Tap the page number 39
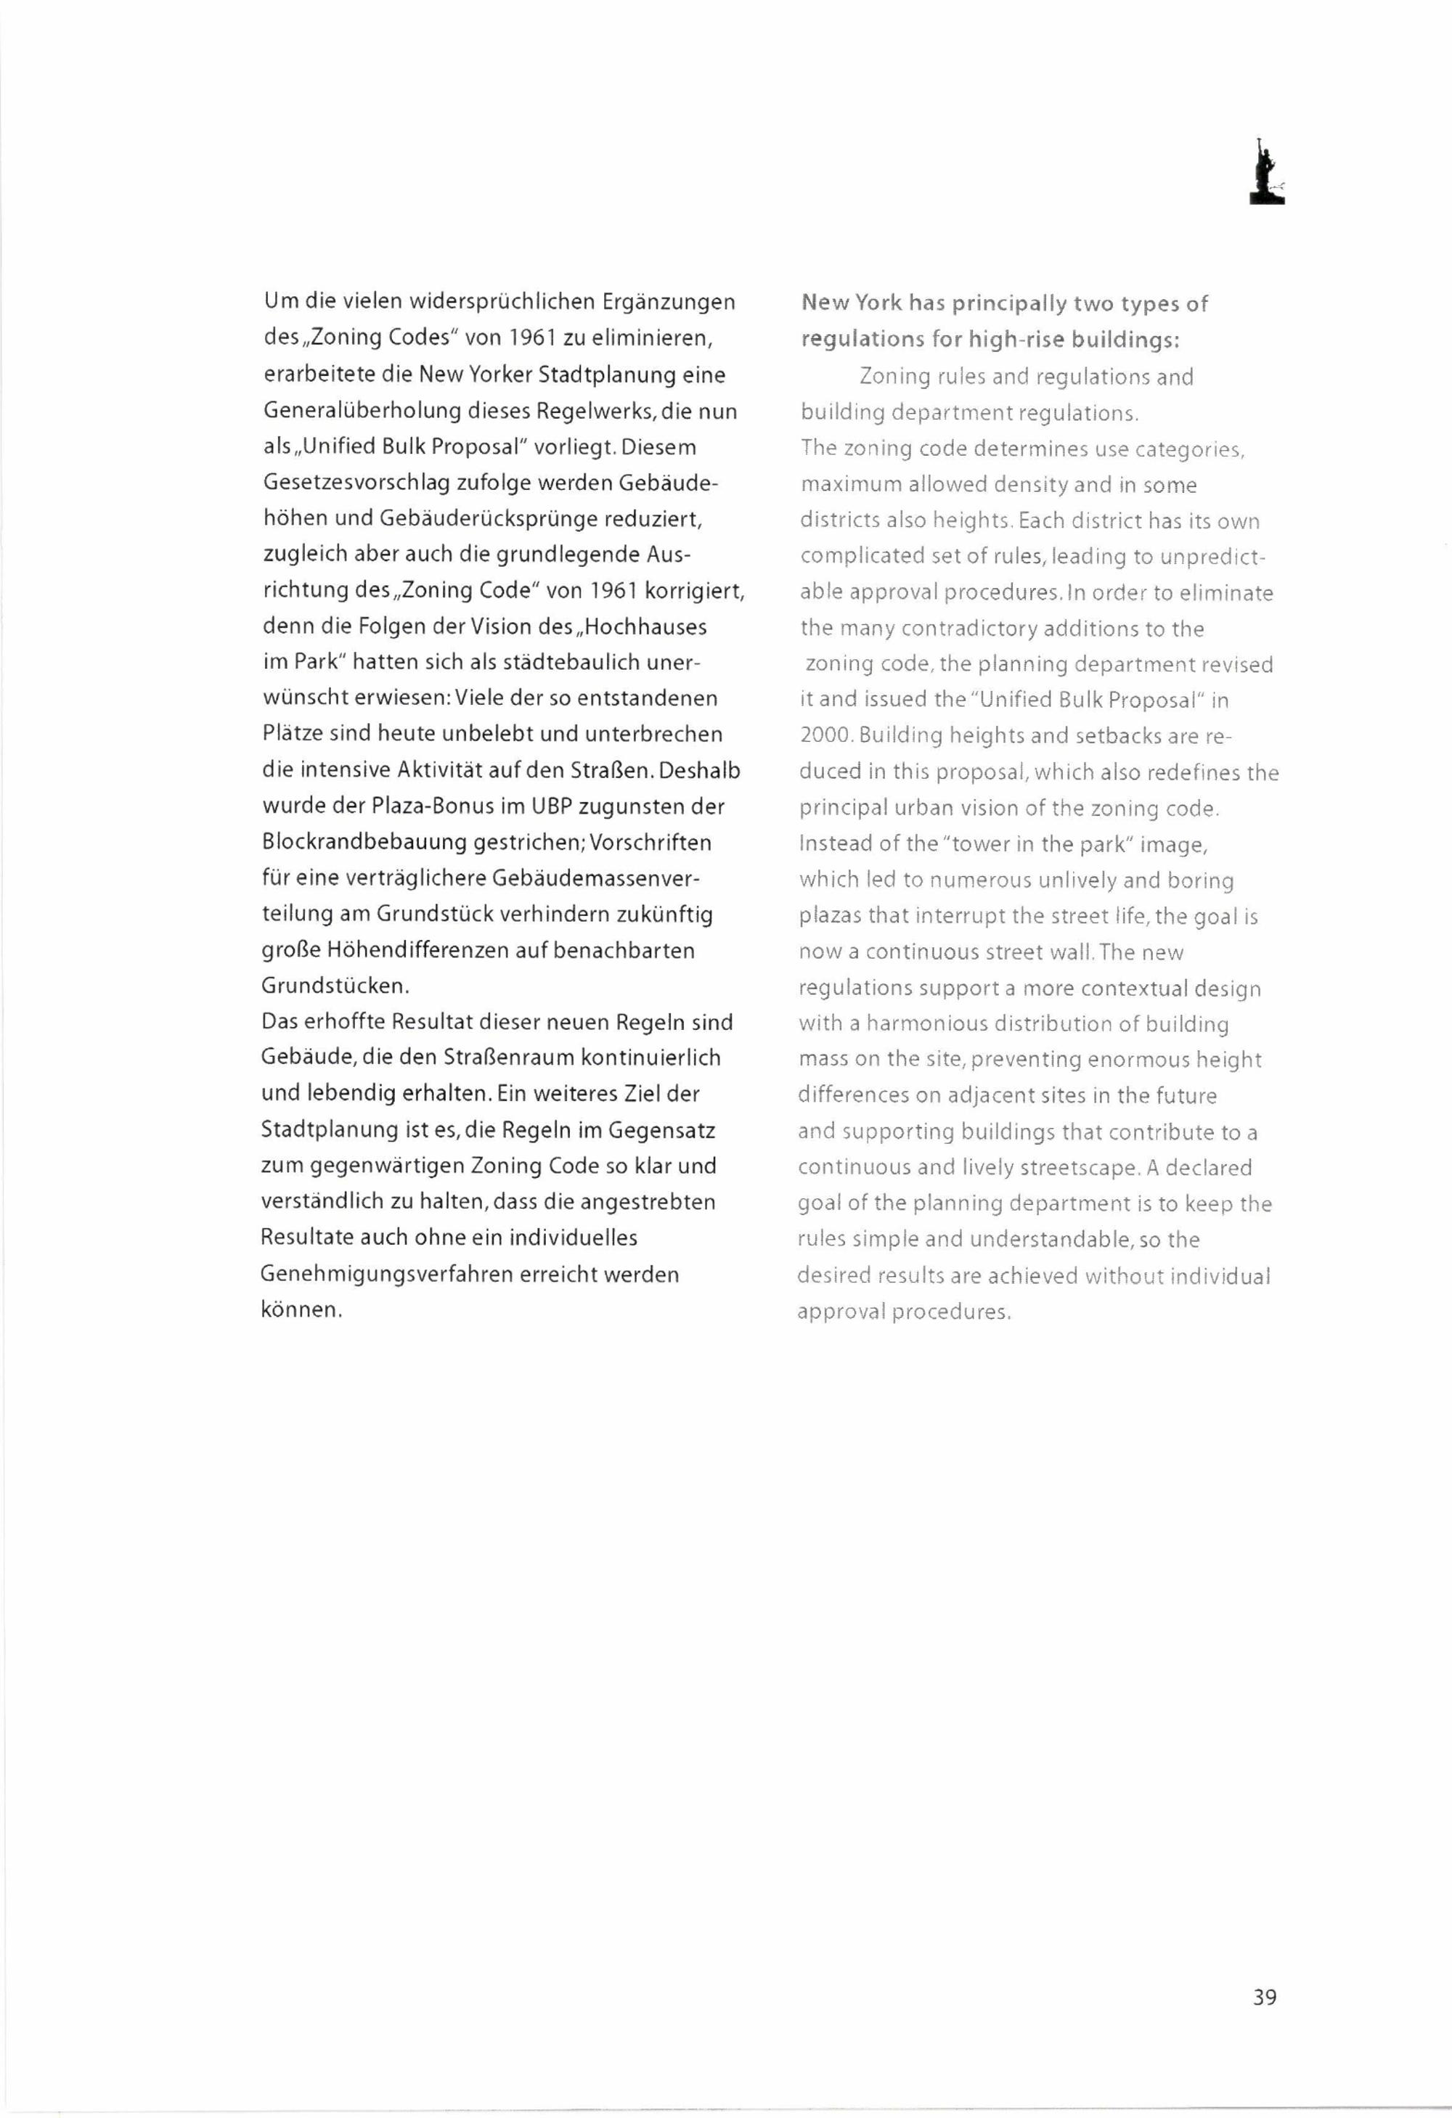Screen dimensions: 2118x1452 1264,1997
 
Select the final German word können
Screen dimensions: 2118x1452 300,1311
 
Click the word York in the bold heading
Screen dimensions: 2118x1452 878,303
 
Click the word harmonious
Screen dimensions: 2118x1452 926,1023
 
